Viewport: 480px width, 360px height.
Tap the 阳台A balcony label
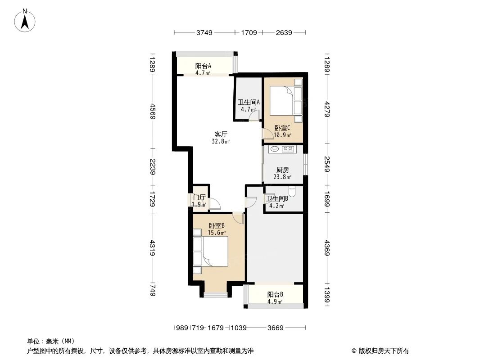(203, 66)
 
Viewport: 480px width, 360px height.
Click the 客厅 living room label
(221, 134)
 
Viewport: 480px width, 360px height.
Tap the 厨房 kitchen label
(283, 170)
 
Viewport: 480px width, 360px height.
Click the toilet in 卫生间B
(292, 192)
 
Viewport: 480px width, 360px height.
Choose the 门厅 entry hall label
(199, 198)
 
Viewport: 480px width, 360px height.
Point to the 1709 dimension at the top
(249, 32)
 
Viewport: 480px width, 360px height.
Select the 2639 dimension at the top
(284, 32)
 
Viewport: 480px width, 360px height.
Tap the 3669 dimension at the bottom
(275, 328)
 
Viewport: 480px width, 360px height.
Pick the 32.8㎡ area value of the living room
(221, 141)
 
